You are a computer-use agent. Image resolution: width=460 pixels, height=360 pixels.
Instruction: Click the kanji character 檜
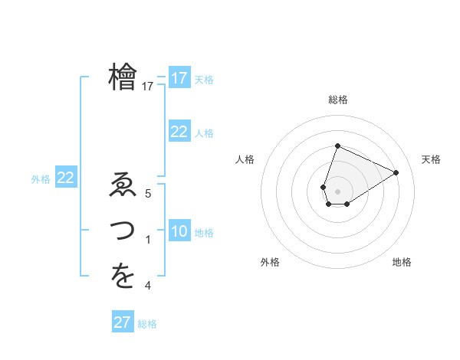(123, 77)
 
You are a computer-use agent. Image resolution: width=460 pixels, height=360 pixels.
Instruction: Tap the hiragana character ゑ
(123, 186)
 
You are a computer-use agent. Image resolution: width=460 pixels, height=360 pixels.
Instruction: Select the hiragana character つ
(123, 231)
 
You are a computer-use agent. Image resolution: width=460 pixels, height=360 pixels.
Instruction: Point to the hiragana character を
(123, 277)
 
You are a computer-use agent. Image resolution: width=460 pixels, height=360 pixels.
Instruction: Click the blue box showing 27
(122, 322)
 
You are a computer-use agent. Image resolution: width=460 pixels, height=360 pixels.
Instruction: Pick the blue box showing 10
(179, 231)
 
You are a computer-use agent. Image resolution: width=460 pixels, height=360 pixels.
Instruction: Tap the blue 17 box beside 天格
(179, 78)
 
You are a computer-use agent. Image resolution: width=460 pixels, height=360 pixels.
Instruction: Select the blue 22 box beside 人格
(179, 132)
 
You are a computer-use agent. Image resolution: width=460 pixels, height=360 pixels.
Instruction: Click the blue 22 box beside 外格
(66, 178)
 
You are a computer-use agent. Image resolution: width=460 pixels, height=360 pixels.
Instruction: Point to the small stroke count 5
(148, 195)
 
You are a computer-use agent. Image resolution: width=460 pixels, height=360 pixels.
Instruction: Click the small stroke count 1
(148, 241)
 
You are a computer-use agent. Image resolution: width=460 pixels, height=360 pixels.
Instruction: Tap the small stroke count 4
(148, 286)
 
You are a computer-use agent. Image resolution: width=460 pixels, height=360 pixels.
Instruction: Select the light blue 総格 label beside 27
(148, 324)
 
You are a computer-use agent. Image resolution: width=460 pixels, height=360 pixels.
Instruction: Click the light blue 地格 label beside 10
(205, 232)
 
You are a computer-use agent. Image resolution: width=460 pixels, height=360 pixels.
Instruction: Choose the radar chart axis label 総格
(337, 100)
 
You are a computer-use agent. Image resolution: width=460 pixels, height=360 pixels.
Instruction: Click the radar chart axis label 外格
(269, 262)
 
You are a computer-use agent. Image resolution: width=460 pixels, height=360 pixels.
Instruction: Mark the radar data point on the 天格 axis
(396, 172)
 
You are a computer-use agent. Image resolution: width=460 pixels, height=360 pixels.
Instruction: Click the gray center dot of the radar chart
(337, 191)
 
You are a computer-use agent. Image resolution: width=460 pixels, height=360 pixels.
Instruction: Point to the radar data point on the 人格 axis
(324, 187)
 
